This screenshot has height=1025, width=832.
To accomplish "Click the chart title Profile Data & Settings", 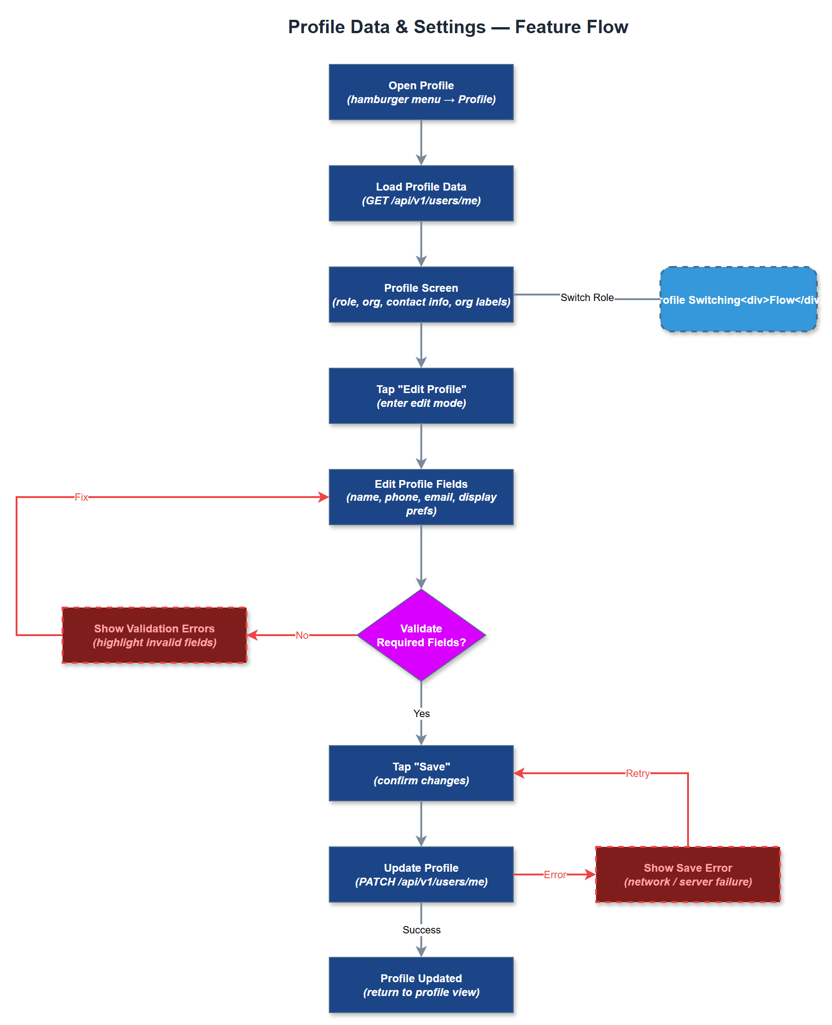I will click(458, 27).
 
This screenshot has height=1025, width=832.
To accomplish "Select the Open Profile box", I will click(421, 92).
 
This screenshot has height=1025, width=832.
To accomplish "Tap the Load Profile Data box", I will click(421, 193).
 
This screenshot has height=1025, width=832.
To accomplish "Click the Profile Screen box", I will click(421, 295).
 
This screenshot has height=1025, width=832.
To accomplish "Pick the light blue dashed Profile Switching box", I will click(738, 299).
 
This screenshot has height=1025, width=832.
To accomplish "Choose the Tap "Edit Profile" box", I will click(421, 396).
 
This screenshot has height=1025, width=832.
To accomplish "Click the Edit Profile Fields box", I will click(421, 497).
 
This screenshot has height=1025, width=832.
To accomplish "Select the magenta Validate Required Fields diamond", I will click(421, 635).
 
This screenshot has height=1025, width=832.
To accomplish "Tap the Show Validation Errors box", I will click(155, 635).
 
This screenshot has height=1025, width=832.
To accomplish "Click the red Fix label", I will click(81, 497).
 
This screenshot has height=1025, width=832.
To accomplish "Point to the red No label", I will click(302, 635).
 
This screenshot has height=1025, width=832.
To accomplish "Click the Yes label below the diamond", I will click(421, 713).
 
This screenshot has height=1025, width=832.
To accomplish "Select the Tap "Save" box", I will click(421, 773).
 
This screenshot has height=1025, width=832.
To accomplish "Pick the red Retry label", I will click(637, 773).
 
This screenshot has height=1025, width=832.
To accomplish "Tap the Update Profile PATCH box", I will click(421, 874).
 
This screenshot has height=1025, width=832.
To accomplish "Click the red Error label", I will click(555, 874).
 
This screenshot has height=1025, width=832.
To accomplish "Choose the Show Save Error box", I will click(687, 874).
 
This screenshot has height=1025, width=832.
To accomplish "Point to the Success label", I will click(421, 930).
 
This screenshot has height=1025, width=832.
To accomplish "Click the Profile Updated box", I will click(421, 984).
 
